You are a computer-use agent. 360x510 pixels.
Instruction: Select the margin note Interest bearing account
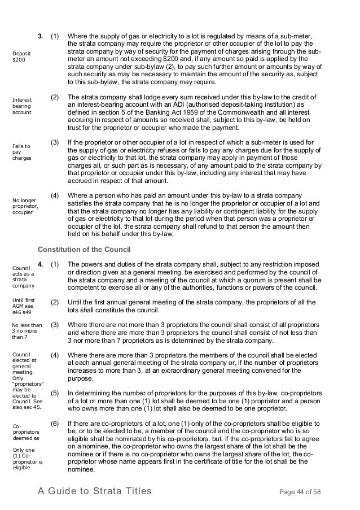(x=23, y=106)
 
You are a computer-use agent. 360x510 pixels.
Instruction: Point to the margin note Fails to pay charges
(x=23, y=152)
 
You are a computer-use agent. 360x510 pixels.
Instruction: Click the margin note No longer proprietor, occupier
(x=24, y=206)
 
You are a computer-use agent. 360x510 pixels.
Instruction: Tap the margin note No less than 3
(x=27, y=329)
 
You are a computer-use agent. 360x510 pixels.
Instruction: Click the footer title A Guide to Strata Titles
(x=95, y=491)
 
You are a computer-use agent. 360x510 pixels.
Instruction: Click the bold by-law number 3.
(x=41, y=37)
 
